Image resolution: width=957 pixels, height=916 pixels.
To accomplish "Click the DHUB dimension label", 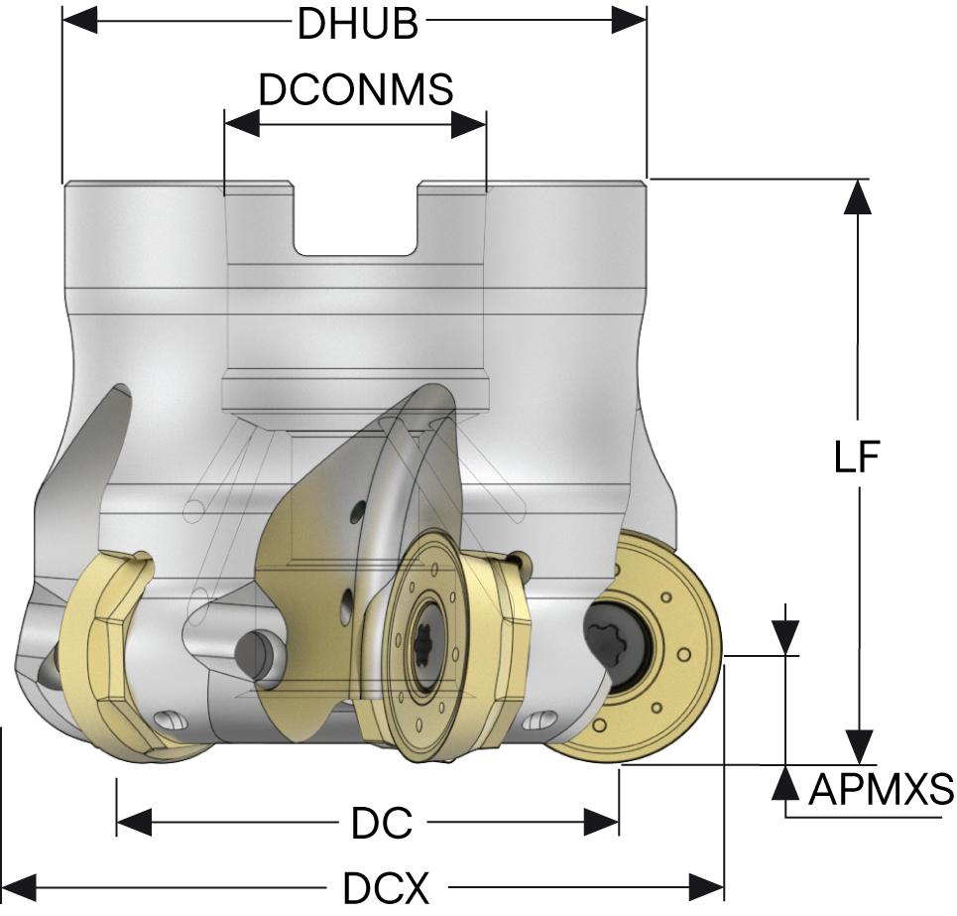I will click(x=358, y=25).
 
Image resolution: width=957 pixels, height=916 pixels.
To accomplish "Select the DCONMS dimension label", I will click(x=355, y=90).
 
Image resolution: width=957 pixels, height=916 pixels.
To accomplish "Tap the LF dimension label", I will click(x=857, y=458).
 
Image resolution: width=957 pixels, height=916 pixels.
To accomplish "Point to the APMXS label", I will click(x=881, y=791).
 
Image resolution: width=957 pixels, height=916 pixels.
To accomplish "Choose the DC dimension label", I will click(x=381, y=823).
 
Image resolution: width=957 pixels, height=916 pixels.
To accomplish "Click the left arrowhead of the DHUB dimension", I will click(x=79, y=20).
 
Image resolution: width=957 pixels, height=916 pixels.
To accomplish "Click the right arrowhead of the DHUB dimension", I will click(x=630, y=20).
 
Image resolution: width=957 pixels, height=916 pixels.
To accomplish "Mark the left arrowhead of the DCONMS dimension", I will click(x=241, y=124).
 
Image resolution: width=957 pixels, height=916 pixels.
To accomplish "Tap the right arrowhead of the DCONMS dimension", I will click(x=469, y=124).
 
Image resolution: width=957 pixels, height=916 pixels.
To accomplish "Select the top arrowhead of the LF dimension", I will click(x=858, y=196).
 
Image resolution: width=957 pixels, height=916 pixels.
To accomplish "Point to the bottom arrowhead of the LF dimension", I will click(x=858, y=745).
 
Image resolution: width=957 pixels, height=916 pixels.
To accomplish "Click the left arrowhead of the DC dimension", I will click(x=134, y=822).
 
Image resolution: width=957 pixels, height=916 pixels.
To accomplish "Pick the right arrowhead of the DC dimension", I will click(x=602, y=822).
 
